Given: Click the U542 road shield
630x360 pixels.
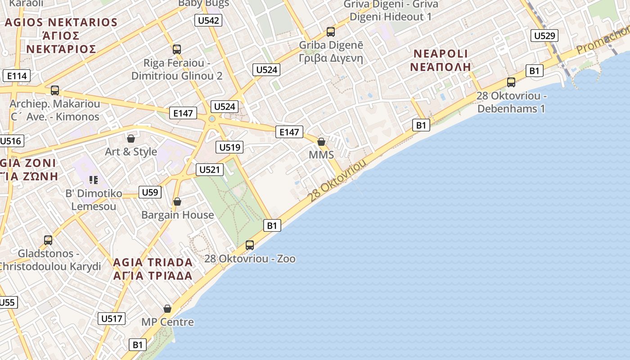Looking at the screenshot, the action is pos(208,20).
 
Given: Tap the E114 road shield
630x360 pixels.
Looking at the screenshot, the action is pos(17,76).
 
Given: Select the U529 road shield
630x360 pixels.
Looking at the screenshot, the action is pos(544,36).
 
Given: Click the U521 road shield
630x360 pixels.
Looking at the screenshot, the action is pos(210,170).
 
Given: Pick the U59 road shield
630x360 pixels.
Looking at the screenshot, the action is pos(150,193).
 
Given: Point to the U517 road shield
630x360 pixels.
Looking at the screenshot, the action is pos(112,319).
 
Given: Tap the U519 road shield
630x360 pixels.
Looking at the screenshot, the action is pos(229,147).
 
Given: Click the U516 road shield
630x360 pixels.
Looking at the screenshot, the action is pos(10,141).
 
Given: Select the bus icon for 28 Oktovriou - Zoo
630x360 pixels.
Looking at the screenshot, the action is pos(250,245).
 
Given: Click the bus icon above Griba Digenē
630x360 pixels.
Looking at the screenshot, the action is pos(331,32).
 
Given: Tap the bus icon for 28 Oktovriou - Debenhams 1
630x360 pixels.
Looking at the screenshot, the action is pos(511,82).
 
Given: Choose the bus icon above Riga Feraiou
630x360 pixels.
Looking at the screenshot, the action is pos(177,49).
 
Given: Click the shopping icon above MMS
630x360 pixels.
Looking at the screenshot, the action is pos(321,142).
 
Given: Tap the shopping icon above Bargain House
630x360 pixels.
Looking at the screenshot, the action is pos(177,202).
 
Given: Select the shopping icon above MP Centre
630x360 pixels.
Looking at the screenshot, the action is pos(167,309).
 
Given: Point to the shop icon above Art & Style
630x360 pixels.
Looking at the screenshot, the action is pos(131,139).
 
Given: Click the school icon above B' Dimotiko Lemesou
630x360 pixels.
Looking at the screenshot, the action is pos(94,180).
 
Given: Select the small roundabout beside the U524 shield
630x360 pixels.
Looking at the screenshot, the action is pos(212,119).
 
